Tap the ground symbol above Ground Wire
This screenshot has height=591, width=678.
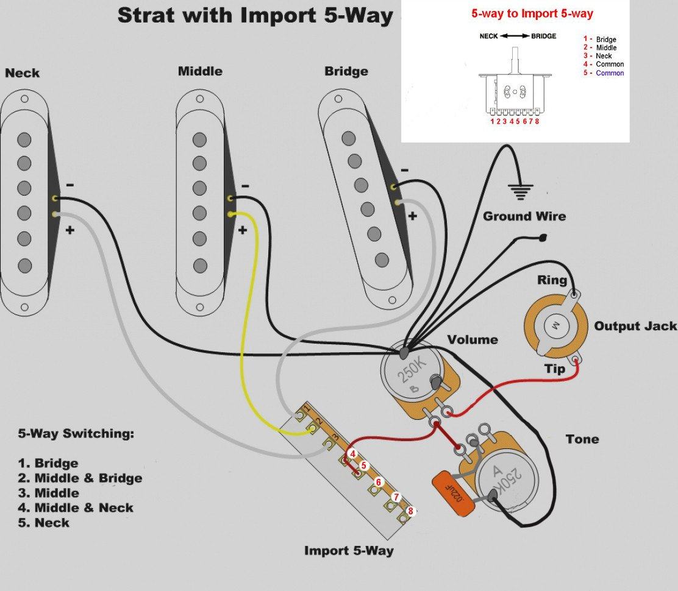point(519,192)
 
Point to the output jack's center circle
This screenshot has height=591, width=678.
point(556,325)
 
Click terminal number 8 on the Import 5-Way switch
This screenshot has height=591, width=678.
point(410,511)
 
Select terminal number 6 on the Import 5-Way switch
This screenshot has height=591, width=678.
point(378,483)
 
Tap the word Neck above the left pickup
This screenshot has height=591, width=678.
point(23,73)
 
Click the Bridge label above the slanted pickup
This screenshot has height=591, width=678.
point(346,71)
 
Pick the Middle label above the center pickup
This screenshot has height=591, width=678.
point(200,71)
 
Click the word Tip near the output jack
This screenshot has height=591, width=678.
point(554,369)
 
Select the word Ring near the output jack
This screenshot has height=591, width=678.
point(552,280)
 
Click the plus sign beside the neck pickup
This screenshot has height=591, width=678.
point(70,231)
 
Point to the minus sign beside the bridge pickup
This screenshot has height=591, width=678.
point(405,171)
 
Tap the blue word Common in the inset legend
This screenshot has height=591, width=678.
point(610,73)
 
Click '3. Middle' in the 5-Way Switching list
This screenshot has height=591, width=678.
point(49,493)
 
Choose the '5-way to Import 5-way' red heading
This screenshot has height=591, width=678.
point(532,13)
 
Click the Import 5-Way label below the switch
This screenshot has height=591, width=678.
point(349,551)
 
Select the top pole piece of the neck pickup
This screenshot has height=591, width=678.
point(24,140)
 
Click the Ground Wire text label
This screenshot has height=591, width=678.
point(524,216)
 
